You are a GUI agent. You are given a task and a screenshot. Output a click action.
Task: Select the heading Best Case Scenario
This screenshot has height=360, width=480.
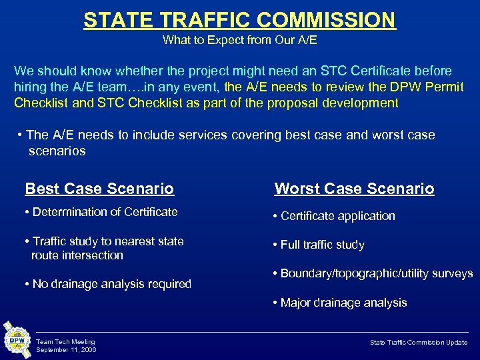(99, 189)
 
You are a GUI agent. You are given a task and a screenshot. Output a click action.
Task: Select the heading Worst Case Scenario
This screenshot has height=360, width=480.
(354, 189)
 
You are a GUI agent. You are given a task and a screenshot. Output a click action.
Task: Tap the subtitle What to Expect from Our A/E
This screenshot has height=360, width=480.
(239, 41)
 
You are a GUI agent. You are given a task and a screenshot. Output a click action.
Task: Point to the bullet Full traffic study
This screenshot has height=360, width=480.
(319, 245)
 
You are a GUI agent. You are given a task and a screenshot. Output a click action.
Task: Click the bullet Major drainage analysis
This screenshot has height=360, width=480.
(339, 303)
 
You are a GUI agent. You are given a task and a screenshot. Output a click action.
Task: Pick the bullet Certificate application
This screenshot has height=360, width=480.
(333, 216)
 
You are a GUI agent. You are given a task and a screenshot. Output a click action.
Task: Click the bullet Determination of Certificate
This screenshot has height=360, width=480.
(101, 212)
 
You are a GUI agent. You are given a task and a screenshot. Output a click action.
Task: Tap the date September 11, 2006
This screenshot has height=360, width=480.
(66, 349)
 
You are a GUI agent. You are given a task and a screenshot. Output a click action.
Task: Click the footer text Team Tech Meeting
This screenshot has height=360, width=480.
(65, 342)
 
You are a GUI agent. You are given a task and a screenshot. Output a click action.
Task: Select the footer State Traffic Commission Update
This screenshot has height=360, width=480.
(419, 342)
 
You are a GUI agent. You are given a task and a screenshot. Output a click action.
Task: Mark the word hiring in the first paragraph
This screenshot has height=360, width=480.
(30, 87)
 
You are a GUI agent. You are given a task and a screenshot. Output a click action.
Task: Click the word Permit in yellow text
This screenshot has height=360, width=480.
(445, 87)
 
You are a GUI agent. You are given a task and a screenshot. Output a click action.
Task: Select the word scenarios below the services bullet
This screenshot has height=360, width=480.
(57, 151)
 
